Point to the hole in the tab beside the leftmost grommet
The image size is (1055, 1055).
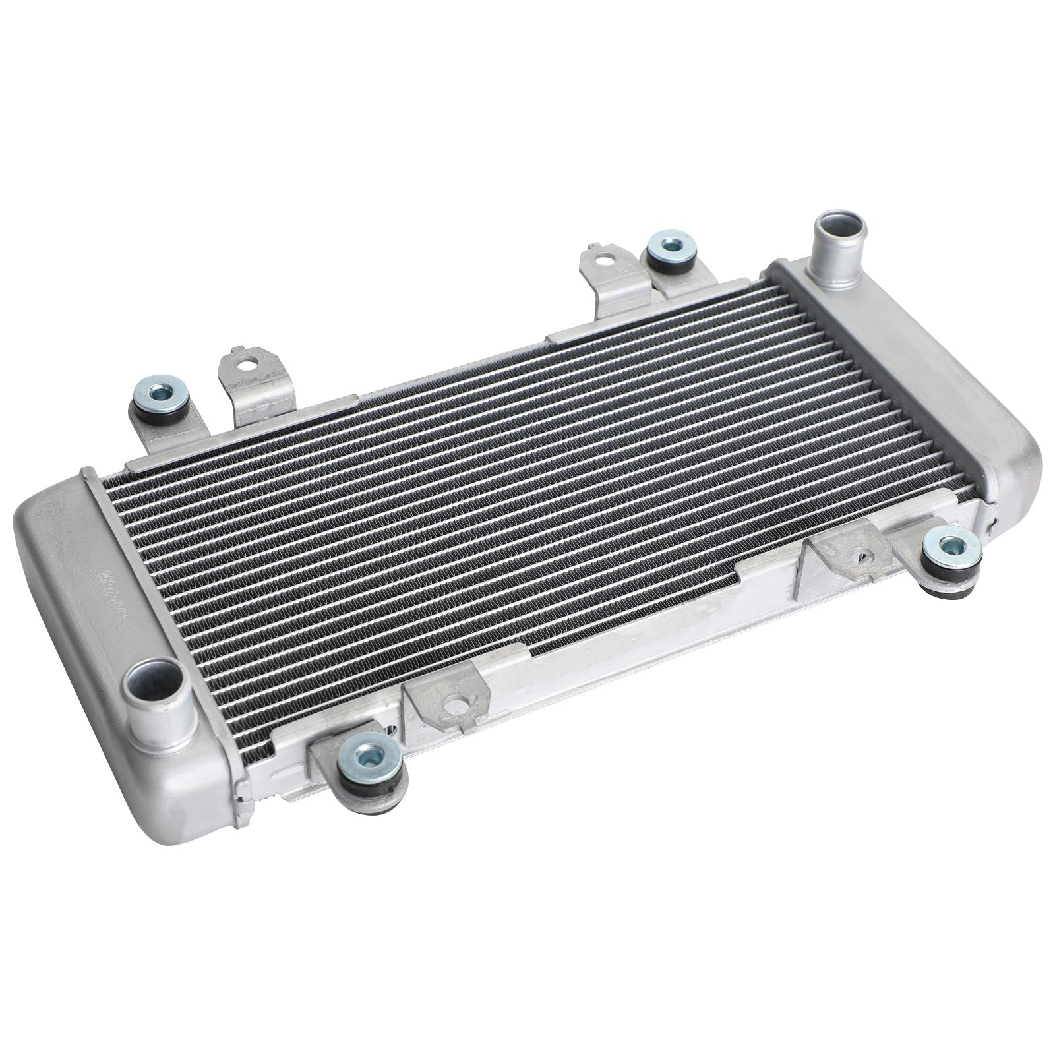pos(249,362)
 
